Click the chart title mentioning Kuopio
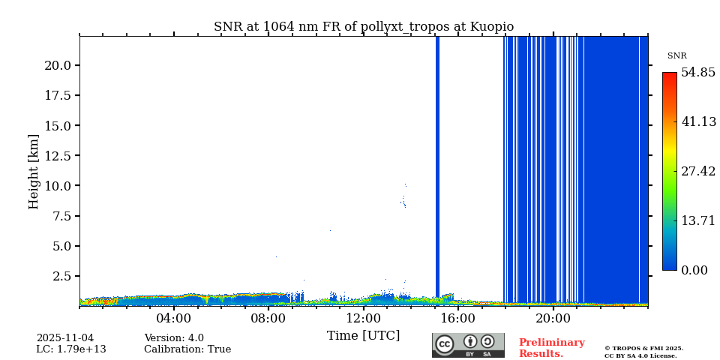tap(364, 27)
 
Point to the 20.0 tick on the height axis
tap(58, 65)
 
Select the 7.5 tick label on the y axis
tap(61, 216)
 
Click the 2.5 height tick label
tap(61, 276)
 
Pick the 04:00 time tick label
tap(174, 318)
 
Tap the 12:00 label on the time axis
tap(364, 318)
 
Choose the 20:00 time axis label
tap(553, 318)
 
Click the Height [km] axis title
tap(34, 171)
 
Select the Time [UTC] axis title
tap(364, 335)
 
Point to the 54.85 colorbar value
tap(698, 73)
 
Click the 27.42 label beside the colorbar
tap(698, 171)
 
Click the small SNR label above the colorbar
tap(676, 56)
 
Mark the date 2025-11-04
tap(65, 338)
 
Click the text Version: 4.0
tap(174, 338)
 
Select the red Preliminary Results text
tap(551, 348)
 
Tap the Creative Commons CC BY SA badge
tap(468, 345)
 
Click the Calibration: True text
tap(187, 349)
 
